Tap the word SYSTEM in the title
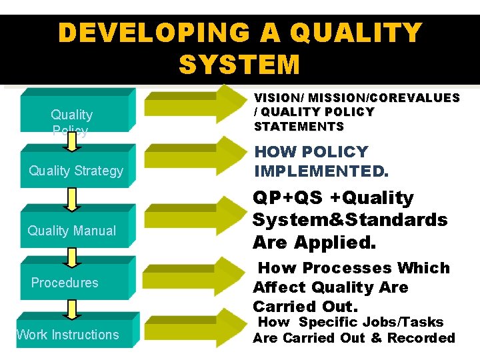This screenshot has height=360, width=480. (x=239, y=65)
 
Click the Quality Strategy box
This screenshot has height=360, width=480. (x=75, y=171)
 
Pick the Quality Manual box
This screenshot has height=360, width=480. (x=72, y=231)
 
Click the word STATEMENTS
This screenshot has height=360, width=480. (x=299, y=127)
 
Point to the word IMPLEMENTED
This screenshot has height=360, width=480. (x=321, y=171)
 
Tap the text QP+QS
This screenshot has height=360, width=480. (x=284, y=198)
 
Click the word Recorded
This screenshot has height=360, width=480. (x=421, y=338)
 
